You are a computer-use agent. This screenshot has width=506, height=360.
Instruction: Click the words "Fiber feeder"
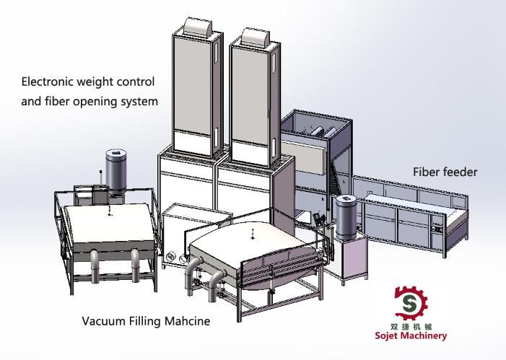[445, 172]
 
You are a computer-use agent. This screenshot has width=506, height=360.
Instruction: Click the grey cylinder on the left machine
[115, 171]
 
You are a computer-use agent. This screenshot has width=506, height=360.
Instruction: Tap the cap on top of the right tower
[256, 36]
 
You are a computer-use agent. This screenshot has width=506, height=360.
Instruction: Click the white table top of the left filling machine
[108, 224]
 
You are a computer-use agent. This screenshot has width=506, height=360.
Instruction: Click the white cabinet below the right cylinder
[346, 260]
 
